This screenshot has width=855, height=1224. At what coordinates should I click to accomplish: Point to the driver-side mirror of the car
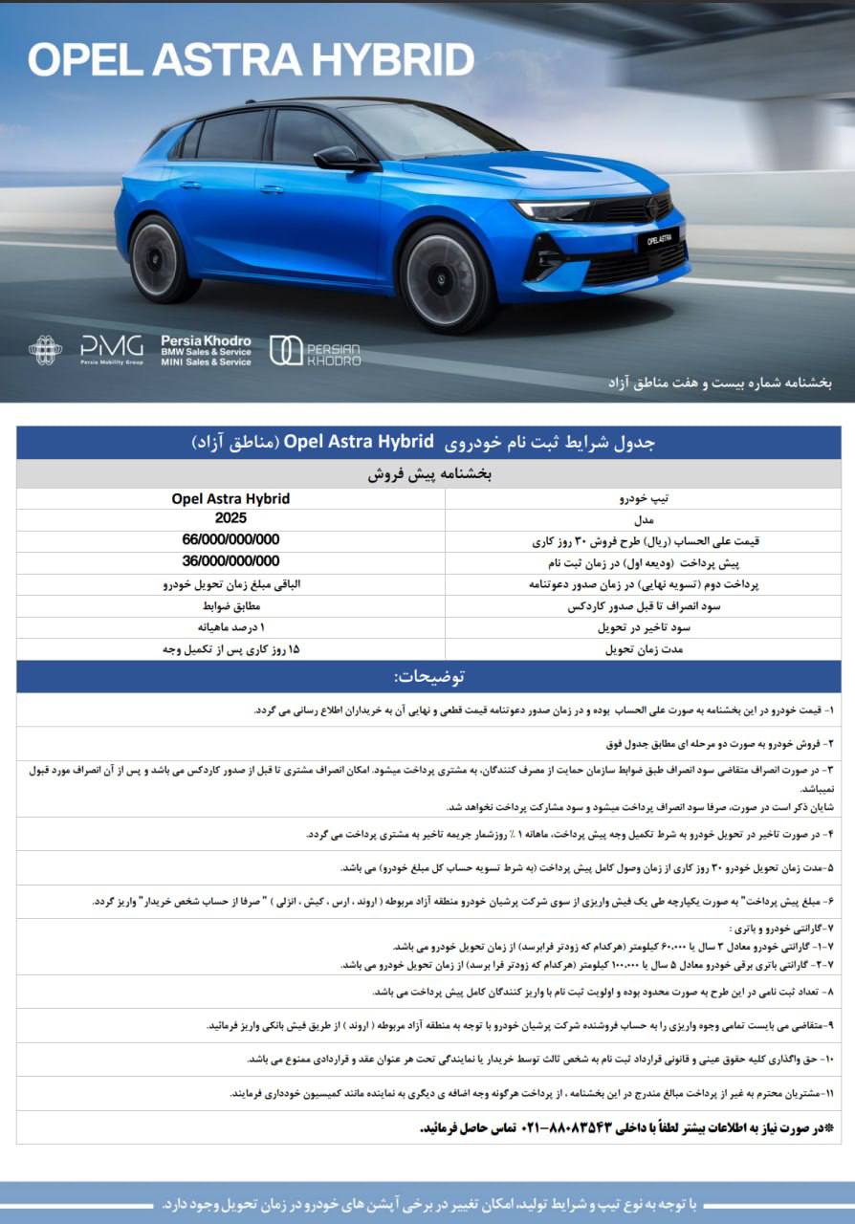337,158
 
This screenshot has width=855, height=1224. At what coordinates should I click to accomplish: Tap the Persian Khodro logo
315,351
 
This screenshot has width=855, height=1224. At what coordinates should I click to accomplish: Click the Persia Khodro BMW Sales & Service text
206,351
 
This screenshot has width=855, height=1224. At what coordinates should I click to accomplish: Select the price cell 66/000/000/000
230,540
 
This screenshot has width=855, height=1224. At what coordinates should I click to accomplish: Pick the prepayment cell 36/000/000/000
230,561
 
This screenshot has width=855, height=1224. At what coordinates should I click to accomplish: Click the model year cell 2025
230,518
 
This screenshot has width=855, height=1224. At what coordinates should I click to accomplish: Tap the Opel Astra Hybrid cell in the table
230,498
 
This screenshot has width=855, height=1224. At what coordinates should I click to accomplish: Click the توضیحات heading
428,676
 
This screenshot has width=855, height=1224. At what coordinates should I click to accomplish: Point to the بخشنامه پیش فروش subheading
427,474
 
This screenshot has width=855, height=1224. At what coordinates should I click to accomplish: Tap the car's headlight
553,210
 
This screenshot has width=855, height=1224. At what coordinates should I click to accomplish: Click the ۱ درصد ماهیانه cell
230,627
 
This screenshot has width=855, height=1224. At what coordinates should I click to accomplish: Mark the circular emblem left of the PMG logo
45,350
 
